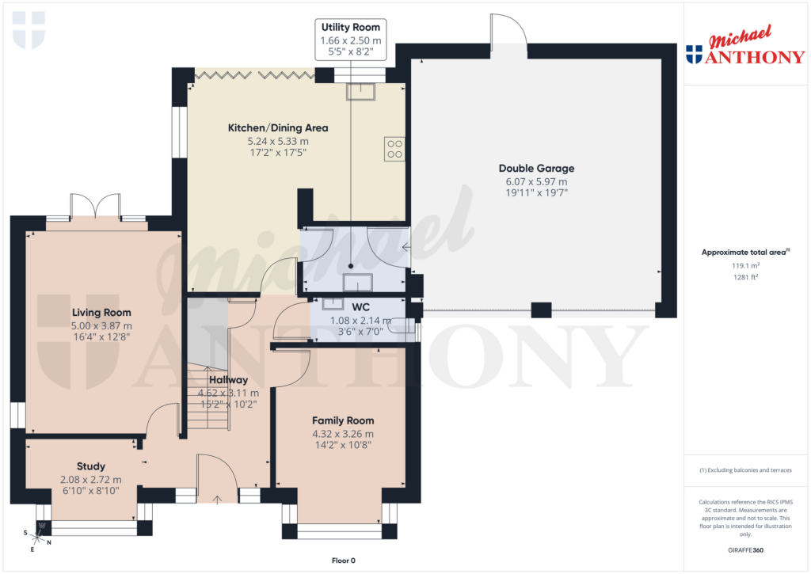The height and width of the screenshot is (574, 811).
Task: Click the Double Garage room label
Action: pyautogui.click(x=536, y=168)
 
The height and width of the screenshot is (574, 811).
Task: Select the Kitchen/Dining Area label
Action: pyautogui.click(x=278, y=127)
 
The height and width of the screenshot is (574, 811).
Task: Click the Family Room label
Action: pyautogui.click(x=342, y=420)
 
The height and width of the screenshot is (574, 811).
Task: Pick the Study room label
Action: pyautogui.click(x=90, y=466)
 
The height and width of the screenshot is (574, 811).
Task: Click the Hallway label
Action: pyautogui.click(x=228, y=380)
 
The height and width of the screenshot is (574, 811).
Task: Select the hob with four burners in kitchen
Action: pyautogui.click(x=394, y=149)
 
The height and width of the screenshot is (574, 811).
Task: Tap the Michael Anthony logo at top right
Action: pyautogui.click(x=744, y=49)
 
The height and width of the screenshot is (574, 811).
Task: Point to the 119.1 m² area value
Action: pyautogui.click(x=744, y=266)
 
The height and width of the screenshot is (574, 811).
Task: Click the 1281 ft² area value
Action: pyautogui.click(x=744, y=277)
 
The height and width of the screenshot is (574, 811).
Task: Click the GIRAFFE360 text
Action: pyautogui.click(x=744, y=549)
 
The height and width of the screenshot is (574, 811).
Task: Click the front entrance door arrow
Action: pyautogui.click(x=219, y=499)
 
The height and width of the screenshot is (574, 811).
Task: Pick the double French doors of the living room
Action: pyautogui.click(x=96, y=207)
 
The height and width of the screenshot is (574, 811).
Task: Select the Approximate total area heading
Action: pyautogui.click(x=744, y=252)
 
